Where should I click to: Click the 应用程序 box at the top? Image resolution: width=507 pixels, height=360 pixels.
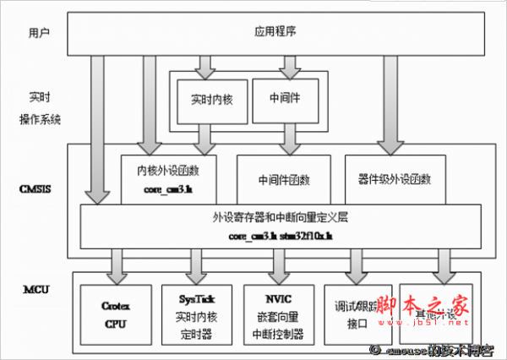(275, 32)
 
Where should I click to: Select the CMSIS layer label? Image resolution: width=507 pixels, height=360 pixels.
(34, 190)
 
